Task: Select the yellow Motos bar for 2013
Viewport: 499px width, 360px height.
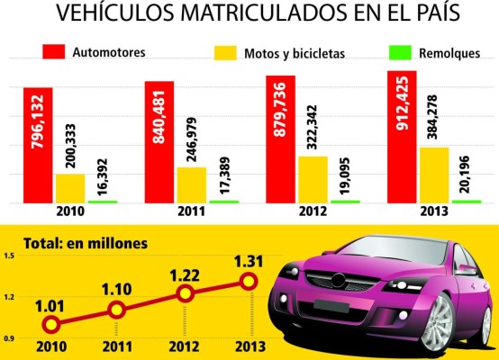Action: [434, 175]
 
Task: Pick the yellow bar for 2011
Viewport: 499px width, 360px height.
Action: [191, 184]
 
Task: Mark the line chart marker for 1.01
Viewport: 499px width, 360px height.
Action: [51, 324]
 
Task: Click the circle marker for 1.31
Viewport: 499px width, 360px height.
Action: [249, 282]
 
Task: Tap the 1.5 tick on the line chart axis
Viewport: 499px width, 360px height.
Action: [9, 256]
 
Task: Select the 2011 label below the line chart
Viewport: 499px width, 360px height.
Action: [117, 347]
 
